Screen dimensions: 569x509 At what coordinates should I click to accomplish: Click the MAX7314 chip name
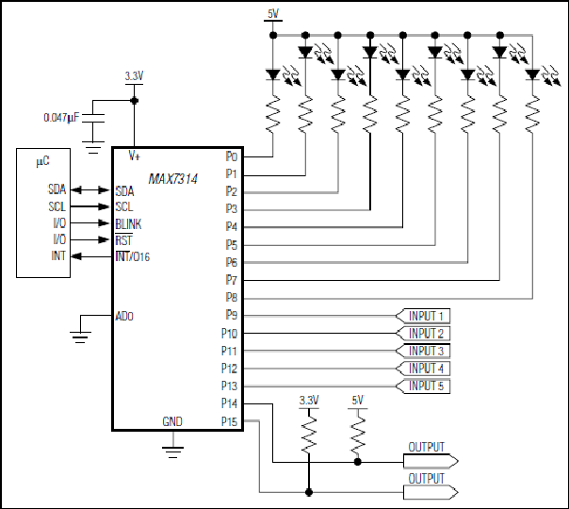[x=173, y=179]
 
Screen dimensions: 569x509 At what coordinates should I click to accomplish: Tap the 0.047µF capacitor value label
[x=61, y=118]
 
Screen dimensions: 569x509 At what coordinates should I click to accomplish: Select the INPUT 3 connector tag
[x=423, y=351]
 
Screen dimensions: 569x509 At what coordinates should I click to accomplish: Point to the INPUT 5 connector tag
[x=423, y=386]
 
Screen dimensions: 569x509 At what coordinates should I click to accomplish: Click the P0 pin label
[x=231, y=156]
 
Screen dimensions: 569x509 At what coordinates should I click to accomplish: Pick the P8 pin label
[x=231, y=297]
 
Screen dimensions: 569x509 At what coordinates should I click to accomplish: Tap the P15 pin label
[x=229, y=421]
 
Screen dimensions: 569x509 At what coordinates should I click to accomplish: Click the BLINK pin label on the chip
[x=128, y=224]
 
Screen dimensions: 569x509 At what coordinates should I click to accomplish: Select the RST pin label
[x=123, y=240]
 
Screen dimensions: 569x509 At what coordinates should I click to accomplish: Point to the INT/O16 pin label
[x=133, y=256]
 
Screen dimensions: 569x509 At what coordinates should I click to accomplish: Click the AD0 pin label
[x=124, y=316]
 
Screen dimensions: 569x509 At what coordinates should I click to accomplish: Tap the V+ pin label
[x=135, y=156]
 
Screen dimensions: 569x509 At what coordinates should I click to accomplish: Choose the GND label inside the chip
[x=172, y=421]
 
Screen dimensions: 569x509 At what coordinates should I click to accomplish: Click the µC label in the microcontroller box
[x=42, y=161]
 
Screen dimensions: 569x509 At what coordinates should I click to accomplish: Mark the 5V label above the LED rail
[x=273, y=14]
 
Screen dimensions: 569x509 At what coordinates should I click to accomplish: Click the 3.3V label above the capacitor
[x=135, y=76]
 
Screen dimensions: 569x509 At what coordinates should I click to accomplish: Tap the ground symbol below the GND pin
[x=172, y=452]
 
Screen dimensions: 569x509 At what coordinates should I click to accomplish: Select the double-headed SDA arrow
[x=89, y=189]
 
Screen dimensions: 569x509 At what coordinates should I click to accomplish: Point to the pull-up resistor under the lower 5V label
[x=358, y=434]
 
